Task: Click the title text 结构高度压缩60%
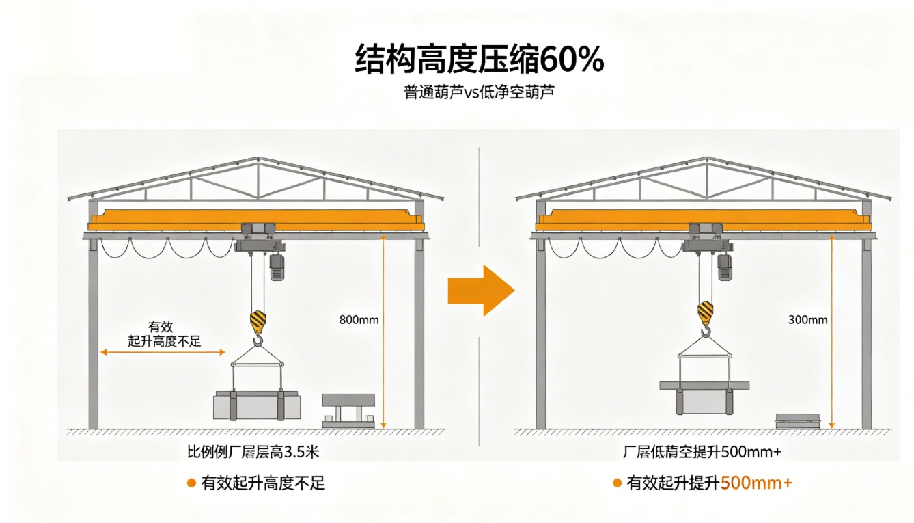(480, 60)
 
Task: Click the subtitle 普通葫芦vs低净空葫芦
(479, 92)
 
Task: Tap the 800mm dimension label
(359, 320)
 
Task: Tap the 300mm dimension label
(807, 320)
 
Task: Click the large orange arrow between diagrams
(481, 291)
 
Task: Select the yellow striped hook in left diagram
(258, 327)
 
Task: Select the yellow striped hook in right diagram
(706, 319)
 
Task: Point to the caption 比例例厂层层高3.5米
(253, 452)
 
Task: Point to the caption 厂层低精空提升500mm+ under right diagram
(702, 452)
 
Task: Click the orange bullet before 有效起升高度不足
(191, 483)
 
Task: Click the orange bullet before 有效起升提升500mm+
(617, 483)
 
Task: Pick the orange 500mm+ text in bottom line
(756, 483)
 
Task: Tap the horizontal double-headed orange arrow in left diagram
(163, 352)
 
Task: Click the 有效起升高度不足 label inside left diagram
(165, 334)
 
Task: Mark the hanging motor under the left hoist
(277, 267)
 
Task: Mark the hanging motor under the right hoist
(725, 267)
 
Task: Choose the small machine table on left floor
(348, 411)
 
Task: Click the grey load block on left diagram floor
(257, 405)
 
